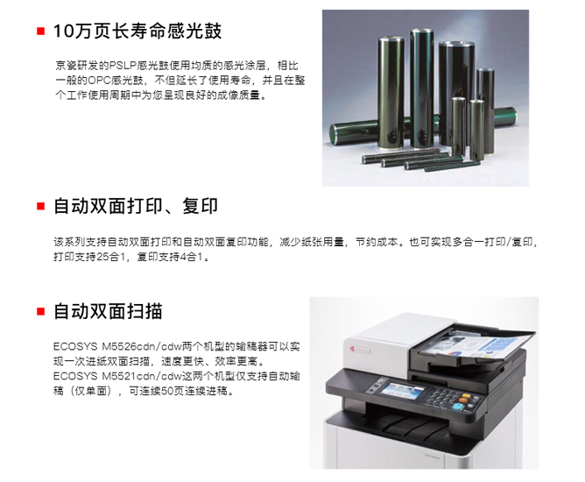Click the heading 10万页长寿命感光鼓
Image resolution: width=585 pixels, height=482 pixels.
tap(137, 31)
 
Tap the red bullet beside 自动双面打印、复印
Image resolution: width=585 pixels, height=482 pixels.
tap(40, 206)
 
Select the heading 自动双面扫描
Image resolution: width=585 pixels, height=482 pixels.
tap(108, 311)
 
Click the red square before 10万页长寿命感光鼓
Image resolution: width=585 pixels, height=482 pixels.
tap(40, 31)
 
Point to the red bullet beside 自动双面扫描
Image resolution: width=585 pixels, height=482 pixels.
tap(40, 311)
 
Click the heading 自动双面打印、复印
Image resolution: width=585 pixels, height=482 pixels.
tap(136, 206)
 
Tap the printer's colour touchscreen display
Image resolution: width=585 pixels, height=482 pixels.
tap(402, 390)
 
